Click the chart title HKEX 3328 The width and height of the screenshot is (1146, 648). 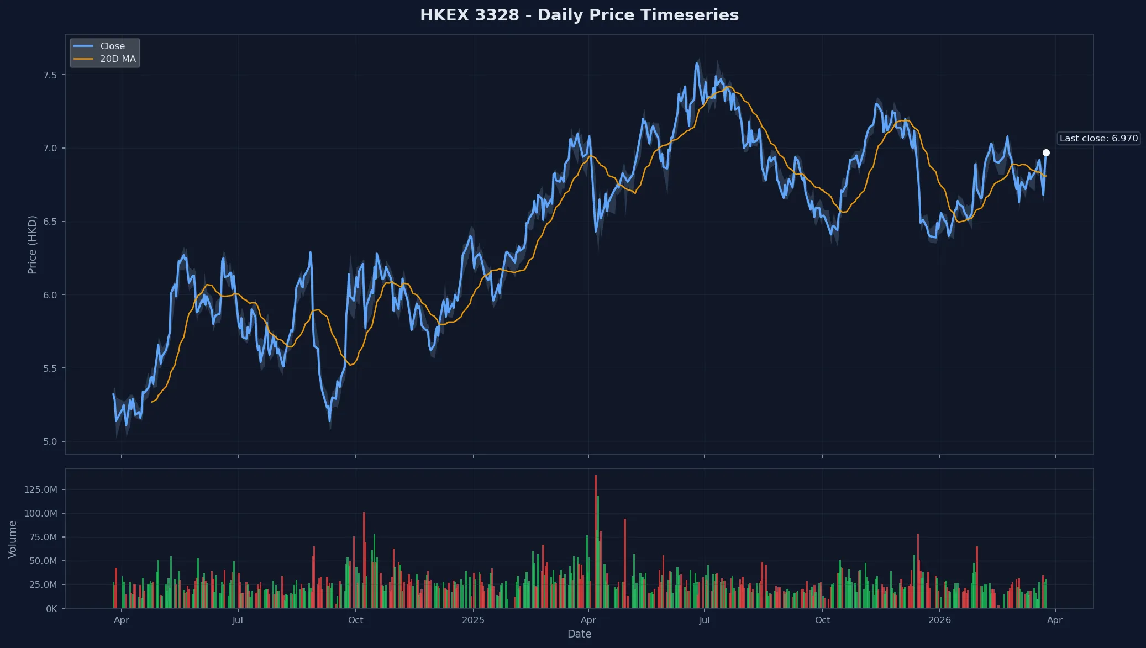[579, 15]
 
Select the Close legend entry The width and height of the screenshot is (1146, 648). [112, 46]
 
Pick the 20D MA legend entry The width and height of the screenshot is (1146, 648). [117, 59]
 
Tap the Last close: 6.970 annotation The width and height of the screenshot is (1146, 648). [1098, 139]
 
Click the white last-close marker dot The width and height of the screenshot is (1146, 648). [1046, 153]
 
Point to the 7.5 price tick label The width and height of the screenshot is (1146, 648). [50, 75]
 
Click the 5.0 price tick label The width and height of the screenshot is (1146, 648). [50, 442]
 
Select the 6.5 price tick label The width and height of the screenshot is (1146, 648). [50, 222]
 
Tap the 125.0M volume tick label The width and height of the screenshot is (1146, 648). [40, 490]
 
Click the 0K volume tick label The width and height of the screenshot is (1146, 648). [51, 609]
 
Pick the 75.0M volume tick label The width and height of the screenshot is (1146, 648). [43, 538]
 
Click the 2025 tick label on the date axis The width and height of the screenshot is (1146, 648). [473, 620]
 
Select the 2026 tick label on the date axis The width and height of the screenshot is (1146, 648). [939, 620]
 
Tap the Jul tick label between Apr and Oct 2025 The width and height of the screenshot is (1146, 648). [704, 620]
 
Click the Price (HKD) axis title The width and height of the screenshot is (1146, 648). [32, 245]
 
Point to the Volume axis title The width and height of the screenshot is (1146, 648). [13, 539]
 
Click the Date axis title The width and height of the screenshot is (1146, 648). [579, 634]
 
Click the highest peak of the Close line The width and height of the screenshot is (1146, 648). [697, 64]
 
